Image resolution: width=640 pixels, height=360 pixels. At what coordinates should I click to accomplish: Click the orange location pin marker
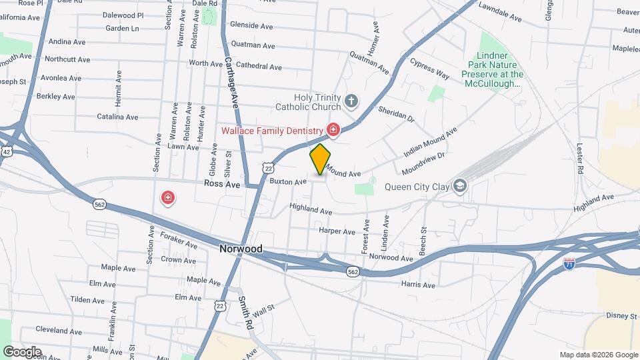321,159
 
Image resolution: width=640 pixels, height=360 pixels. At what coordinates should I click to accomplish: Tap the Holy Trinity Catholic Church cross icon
351,102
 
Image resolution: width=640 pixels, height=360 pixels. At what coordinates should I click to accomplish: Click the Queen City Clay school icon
459,186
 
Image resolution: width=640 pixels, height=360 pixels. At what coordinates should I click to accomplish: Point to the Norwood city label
241,249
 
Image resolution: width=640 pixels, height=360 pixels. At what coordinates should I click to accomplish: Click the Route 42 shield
6,152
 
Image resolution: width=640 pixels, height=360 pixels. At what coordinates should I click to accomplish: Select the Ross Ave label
222,183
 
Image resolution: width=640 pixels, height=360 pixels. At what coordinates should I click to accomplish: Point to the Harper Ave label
337,231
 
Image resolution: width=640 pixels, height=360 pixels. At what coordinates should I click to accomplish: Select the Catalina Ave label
117,117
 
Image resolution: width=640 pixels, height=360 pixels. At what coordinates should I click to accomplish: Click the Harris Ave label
418,285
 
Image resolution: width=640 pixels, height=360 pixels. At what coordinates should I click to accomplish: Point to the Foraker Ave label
179,239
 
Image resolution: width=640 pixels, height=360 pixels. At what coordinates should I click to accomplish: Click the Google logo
22,351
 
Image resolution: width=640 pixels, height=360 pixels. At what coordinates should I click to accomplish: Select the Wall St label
263,309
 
